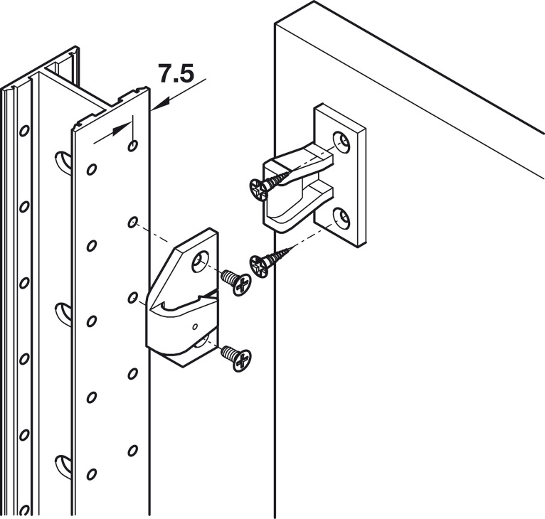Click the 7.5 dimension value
coord(175,73)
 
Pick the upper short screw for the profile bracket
coord(236,282)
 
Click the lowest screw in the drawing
coord(236,357)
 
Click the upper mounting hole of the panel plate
coord(343,144)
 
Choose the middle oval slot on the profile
coord(62,311)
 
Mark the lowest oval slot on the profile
coord(62,462)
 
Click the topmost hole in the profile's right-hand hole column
coord(133,146)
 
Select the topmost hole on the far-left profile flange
coord(25,131)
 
